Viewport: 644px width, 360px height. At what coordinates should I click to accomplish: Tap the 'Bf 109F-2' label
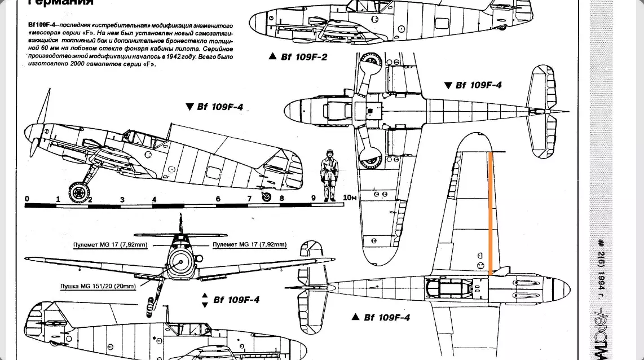pyautogui.click(x=304, y=57)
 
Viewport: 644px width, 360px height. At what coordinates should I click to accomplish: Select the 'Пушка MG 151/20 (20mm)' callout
pyautogui.click(x=98, y=286)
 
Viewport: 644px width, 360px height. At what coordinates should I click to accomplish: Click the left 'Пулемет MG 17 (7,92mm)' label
pyautogui.click(x=110, y=245)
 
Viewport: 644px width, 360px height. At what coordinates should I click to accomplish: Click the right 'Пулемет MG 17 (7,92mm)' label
pyautogui.click(x=249, y=244)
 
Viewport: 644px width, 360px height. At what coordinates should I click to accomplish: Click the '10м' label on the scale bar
pyautogui.click(x=350, y=197)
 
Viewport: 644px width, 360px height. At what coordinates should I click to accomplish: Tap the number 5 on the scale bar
pyautogui.click(x=186, y=199)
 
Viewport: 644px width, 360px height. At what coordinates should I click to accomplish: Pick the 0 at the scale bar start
pyautogui.click(x=27, y=199)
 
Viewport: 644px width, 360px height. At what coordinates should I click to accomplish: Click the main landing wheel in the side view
pyautogui.click(x=79, y=192)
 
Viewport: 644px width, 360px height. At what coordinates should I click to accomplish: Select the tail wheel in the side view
pyautogui.click(x=267, y=196)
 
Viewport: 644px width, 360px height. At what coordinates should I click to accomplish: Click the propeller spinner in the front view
pyautogui.click(x=180, y=263)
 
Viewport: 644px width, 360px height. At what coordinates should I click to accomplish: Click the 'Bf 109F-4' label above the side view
pyautogui.click(x=220, y=107)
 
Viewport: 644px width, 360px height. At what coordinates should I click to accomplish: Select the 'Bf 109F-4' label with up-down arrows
pyautogui.click(x=236, y=300)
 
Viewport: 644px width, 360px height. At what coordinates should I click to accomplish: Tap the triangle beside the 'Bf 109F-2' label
pyautogui.click(x=273, y=56)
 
